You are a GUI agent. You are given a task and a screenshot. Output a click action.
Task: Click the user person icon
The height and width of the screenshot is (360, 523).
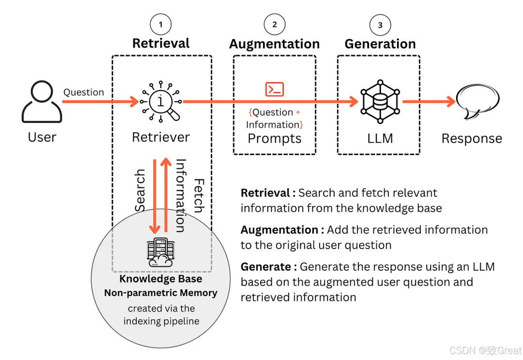point(42,101)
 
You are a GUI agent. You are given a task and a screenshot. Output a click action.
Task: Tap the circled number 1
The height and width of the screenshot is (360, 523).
point(161,24)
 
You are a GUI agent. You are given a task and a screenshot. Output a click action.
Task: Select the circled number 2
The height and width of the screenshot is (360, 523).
point(275,24)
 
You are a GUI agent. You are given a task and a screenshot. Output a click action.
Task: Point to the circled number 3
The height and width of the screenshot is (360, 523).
point(380,25)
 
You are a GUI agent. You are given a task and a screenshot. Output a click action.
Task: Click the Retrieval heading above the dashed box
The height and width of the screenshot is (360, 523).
point(161,43)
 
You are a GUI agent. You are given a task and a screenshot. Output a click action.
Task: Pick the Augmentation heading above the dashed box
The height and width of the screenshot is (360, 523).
point(275,44)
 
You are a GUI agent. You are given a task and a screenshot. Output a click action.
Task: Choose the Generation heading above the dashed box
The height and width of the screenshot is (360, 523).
point(380,44)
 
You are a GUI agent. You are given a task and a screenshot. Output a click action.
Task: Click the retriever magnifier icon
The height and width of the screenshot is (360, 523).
point(161,102)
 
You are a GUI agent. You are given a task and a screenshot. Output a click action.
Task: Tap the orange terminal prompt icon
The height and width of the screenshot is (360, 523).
point(275,89)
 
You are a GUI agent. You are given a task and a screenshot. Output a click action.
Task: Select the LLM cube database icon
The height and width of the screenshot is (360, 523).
point(380,102)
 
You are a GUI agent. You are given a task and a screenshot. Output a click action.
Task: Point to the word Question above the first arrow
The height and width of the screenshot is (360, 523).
point(84,92)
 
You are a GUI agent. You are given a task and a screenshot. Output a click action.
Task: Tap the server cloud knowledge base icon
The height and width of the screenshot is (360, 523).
point(160,252)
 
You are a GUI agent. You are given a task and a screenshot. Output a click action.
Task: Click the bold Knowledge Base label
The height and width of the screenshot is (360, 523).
point(161,279)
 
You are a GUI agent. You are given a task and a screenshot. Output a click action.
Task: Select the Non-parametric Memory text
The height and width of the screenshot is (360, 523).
point(161,293)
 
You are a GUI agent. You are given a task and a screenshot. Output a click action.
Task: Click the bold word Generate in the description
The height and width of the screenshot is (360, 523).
point(265,266)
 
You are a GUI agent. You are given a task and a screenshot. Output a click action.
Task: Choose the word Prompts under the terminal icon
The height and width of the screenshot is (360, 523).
point(275,139)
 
